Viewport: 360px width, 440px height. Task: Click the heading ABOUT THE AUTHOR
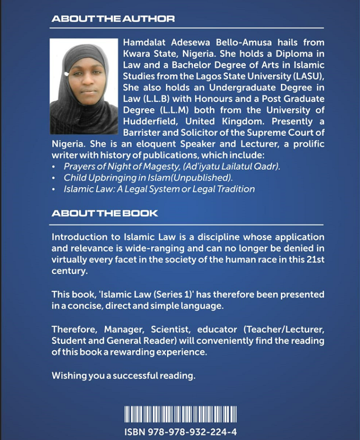[x=113, y=19]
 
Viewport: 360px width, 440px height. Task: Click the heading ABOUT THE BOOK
[x=104, y=213]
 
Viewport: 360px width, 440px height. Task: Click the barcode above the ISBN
[x=180, y=414]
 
